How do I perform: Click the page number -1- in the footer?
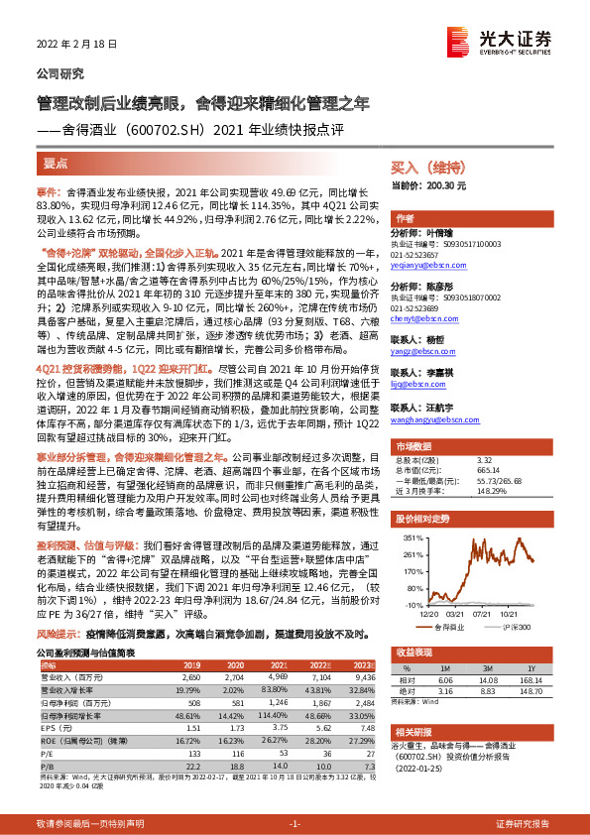pyautogui.click(x=295, y=824)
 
